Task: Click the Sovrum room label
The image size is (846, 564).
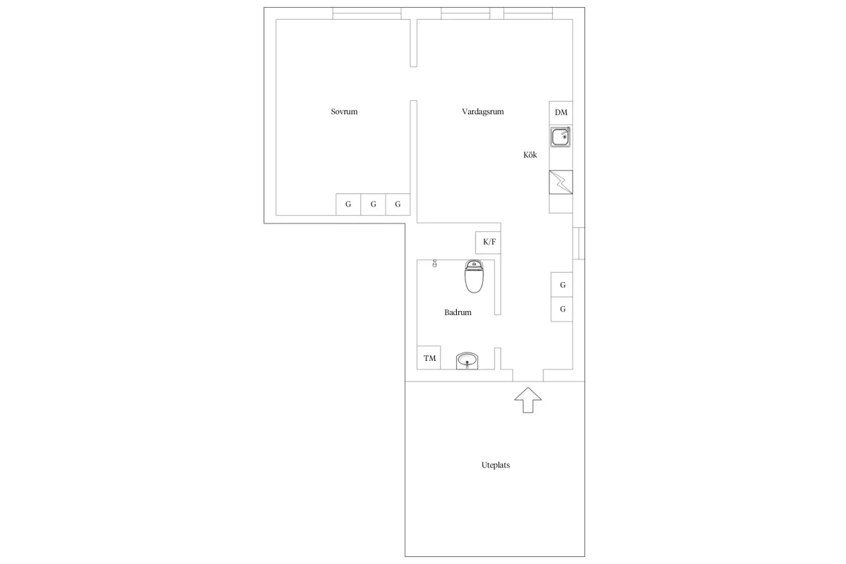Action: click(x=344, y=111)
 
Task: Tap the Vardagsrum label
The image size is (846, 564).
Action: click(x=483, y=111)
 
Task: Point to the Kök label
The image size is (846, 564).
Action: click(x=530, y=154)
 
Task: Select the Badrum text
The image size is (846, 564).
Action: click(x=458, y=312)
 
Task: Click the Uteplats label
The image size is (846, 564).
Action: click(x=496, y=465)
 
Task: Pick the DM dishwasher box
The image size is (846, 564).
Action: click(x=561, y=113)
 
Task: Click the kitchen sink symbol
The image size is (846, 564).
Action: click(x=560, y=137)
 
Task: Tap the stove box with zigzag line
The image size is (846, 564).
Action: click(x=561, y=182)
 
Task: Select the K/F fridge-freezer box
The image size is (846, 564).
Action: click(x=489, y=242)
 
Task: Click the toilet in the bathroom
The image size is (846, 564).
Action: click(x=474, y=276)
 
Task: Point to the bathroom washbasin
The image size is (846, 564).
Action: click(x=467, y=361)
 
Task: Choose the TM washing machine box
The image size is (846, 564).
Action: click(x=429, y=357)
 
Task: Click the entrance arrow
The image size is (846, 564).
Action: click(x=528, y=400)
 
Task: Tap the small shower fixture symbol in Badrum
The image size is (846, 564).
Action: click(x=435, y=263)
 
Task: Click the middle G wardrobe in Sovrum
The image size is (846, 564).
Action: click(x=373, y=204)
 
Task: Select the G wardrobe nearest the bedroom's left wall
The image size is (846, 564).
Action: click(x=348, y=204)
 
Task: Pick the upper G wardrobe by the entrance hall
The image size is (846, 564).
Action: click(x=562, y=284)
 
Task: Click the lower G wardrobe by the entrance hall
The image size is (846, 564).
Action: click(x=562, y=309)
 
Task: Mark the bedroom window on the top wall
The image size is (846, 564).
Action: click(x=367, y=13)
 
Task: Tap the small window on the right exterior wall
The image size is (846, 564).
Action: click(x=579, y=243)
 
